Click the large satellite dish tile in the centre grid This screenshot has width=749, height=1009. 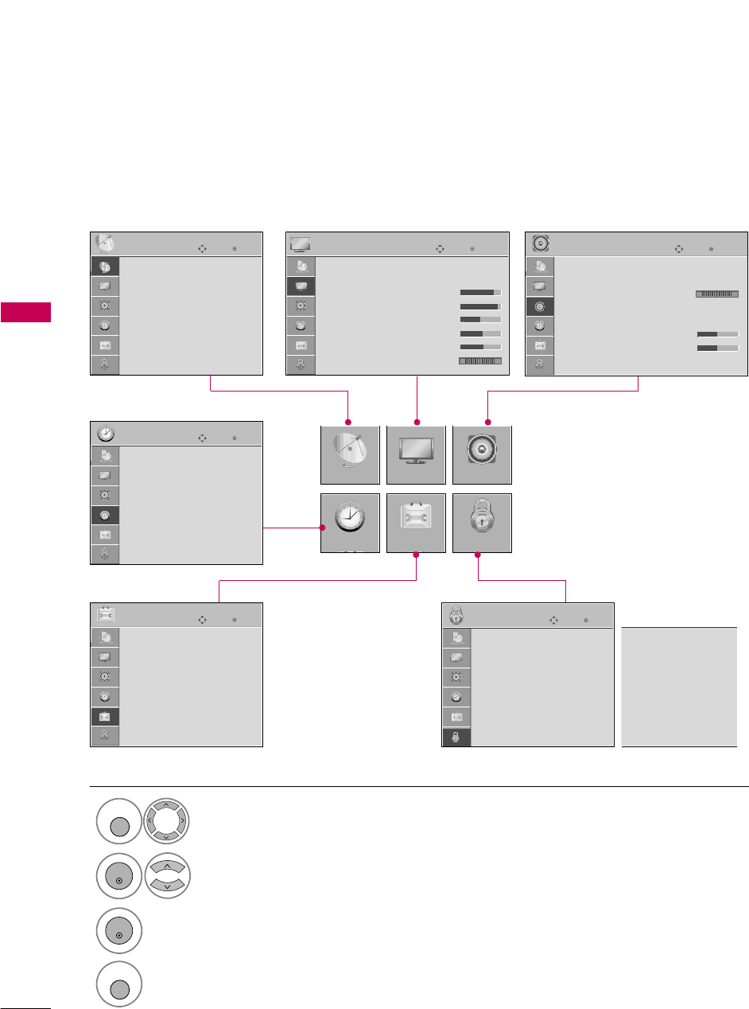pos(350,455)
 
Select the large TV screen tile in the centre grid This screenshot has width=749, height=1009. pos(416,455)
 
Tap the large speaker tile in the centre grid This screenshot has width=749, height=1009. pos(482,455)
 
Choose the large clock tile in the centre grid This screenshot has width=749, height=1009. pos(350,523)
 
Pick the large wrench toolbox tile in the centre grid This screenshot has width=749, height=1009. pos(416,523)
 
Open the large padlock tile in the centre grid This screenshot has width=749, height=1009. pos(482,523)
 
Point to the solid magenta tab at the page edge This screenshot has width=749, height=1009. pos(25,312)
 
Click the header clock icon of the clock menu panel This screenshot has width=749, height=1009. pos(106,434)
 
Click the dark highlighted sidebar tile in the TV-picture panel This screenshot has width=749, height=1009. pos(301,286)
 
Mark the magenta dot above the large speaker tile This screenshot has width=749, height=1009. pos(488,421)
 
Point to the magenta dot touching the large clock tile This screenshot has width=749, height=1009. pos(323,528)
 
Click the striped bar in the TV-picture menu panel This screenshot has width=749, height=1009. pos(480,361)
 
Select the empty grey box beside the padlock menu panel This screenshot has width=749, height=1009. pos(679,686)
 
